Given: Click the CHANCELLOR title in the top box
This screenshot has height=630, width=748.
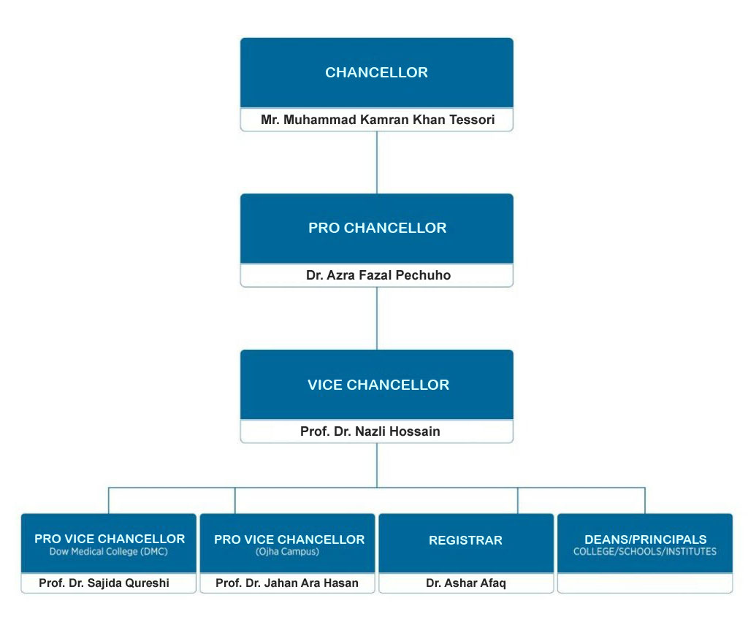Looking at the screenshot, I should pyautogui.click(x=376, y=73).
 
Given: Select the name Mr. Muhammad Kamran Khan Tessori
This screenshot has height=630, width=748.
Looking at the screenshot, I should pyautogui.click(x=377, y=120).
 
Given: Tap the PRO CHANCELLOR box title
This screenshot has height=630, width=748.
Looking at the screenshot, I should pyautogui.click(x=377, y=228).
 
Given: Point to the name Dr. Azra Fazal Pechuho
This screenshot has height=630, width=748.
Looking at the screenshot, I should pyautogui.click(x=377, y=275).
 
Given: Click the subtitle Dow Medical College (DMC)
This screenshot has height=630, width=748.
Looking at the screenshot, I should pyautogui.click(x=109, y=552).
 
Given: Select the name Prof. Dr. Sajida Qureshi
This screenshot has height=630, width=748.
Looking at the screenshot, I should pyautogui.click(x=109, y=583).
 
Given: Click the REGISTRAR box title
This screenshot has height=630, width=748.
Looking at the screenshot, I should pyautogui.click(x=465, y=541).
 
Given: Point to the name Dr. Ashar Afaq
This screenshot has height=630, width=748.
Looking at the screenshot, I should pyautogui.click(x=465, y=583).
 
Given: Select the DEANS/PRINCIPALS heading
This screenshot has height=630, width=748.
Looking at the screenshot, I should pyautogui.click(x=645, y=540).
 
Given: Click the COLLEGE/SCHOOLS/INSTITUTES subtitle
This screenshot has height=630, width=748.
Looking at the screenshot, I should pyautogui.click(x=645, y=552).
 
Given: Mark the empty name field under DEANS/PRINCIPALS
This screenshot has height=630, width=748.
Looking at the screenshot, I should pyautogui.click(x=645, y=583).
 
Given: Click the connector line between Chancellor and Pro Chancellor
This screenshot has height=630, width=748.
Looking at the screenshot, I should pyautogui.click(x=377, y=162).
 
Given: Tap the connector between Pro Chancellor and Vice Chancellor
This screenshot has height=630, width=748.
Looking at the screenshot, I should pyautogui.click(x=377, y=318).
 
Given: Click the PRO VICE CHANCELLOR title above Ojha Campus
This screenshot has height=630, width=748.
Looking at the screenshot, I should pyautogui.click(x=289, y=540).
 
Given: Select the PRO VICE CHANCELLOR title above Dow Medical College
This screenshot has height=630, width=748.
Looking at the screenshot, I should pyautogui.click(x=110, y=539).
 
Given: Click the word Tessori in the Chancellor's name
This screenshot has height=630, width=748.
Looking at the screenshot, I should pyautogui.click(x=469, y=120).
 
